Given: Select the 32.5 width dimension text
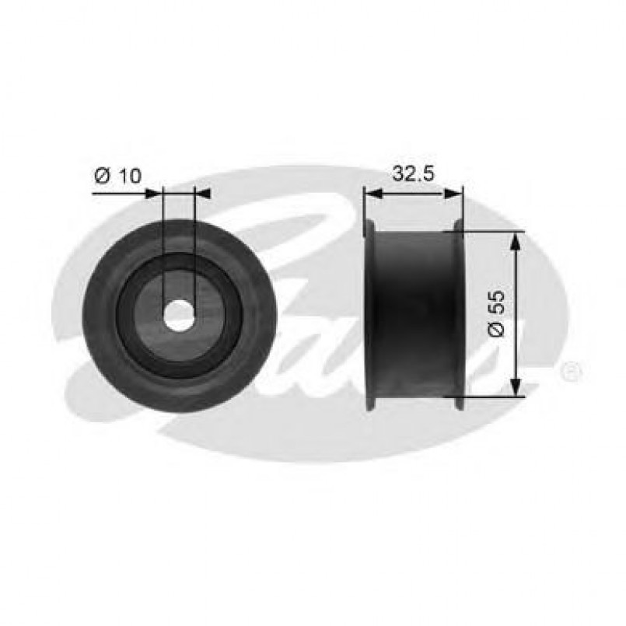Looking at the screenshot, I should pyautogui.click(x=412, y=174).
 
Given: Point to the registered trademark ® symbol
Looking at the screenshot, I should pyautogui.click(x=570, y=371).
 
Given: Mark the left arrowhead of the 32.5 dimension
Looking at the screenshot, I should pyautogui.click(x=372, y=193).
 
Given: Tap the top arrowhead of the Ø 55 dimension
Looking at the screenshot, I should pyautogui.click(x=512, y=238).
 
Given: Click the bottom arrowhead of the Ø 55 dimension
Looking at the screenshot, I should pyautogui.click(x=512, y=389).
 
